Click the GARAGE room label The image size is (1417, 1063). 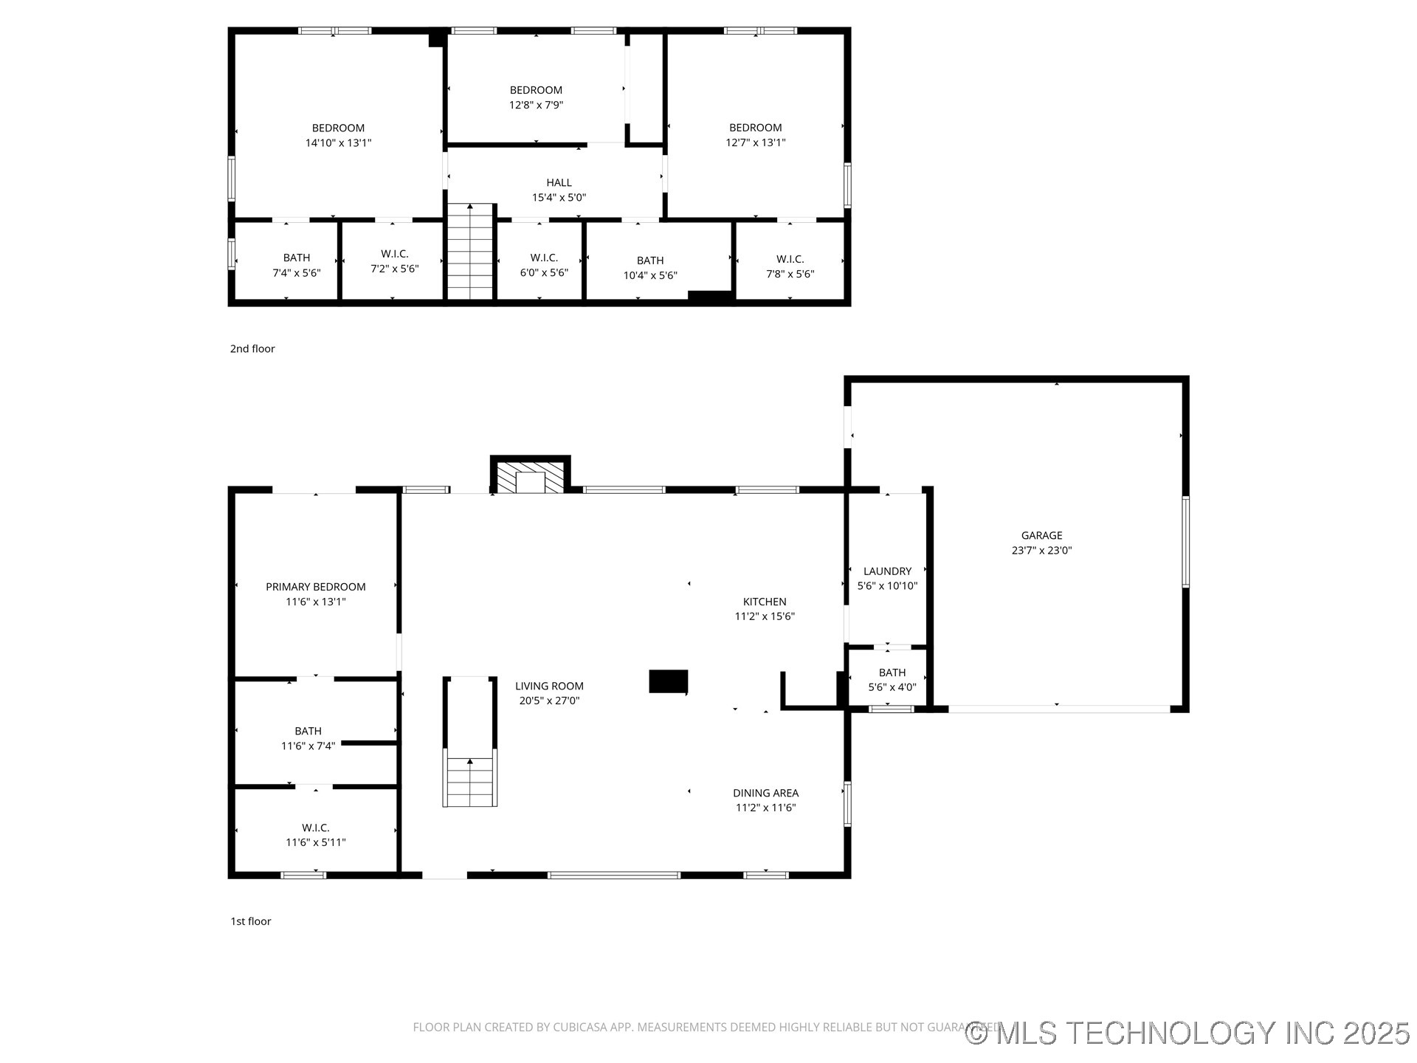1041,535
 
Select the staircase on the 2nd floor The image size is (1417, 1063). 470,252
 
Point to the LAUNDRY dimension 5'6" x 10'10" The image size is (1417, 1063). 887,586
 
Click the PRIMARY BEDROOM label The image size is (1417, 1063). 315,587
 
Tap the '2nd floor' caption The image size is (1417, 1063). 252,348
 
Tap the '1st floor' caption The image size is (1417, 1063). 251,921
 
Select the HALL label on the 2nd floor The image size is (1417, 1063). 559,182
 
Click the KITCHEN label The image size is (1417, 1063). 765,602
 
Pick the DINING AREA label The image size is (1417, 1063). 765,793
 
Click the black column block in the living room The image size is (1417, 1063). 668,681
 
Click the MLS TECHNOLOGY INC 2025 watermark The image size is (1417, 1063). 1187,1033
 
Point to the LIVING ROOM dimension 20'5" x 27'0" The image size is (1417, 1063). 549,701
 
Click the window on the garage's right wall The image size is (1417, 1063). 1185,542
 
